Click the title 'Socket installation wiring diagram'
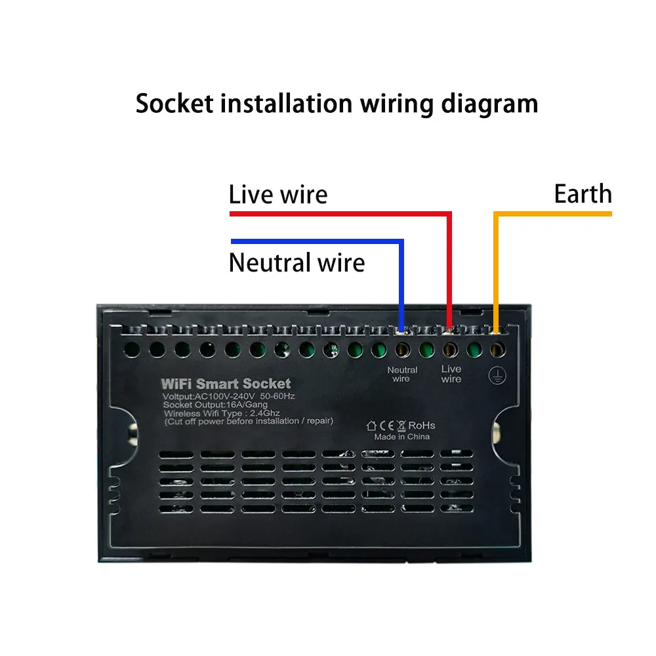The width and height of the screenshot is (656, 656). click(x=337, y=104)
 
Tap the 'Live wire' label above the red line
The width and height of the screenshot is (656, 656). click(x=277, y=195)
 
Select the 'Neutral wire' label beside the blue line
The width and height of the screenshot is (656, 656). click(x=297, y=263)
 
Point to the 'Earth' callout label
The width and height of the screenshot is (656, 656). click(x=583, y=194)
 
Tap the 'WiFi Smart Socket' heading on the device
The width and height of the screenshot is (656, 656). click(x=226, y=384)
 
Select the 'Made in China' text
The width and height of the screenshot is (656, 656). click(x=402, y=436)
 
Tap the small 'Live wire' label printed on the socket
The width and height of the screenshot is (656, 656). click(x=451, y=375)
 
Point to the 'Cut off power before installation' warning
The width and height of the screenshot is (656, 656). click(x=249, y=421)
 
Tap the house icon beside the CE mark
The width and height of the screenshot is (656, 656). click(x=371, y=425)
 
